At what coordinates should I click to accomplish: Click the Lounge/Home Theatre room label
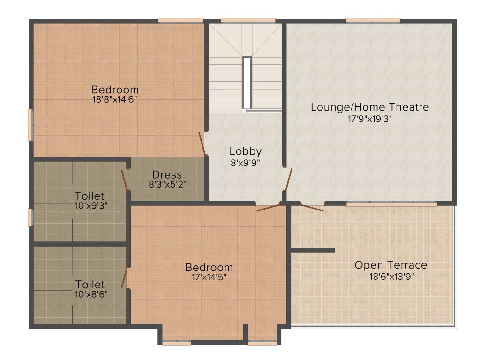(x=369, y=107)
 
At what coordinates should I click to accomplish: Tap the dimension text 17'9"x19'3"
(x=369, y=119)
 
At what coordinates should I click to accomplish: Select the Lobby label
(x=245, y=151)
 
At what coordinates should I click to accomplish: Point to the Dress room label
(x=167, y=175)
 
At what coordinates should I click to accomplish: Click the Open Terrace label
(x=390, y=265)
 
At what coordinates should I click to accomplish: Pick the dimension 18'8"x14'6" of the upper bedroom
(x=115, y=99)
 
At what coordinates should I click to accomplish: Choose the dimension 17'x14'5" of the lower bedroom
(x=209, y=277)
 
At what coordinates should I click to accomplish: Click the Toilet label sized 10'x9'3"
(x=90, y=195)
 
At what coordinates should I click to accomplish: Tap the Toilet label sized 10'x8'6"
(x=90, y=285)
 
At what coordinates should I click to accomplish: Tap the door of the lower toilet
(x=125, y=277)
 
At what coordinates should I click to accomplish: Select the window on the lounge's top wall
(x=373, y=20)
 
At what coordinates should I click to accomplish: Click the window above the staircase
(x=248, y=20)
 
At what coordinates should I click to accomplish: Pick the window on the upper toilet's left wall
(x=30, y=217)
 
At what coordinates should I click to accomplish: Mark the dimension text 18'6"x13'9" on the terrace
(x=391, y=277)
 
